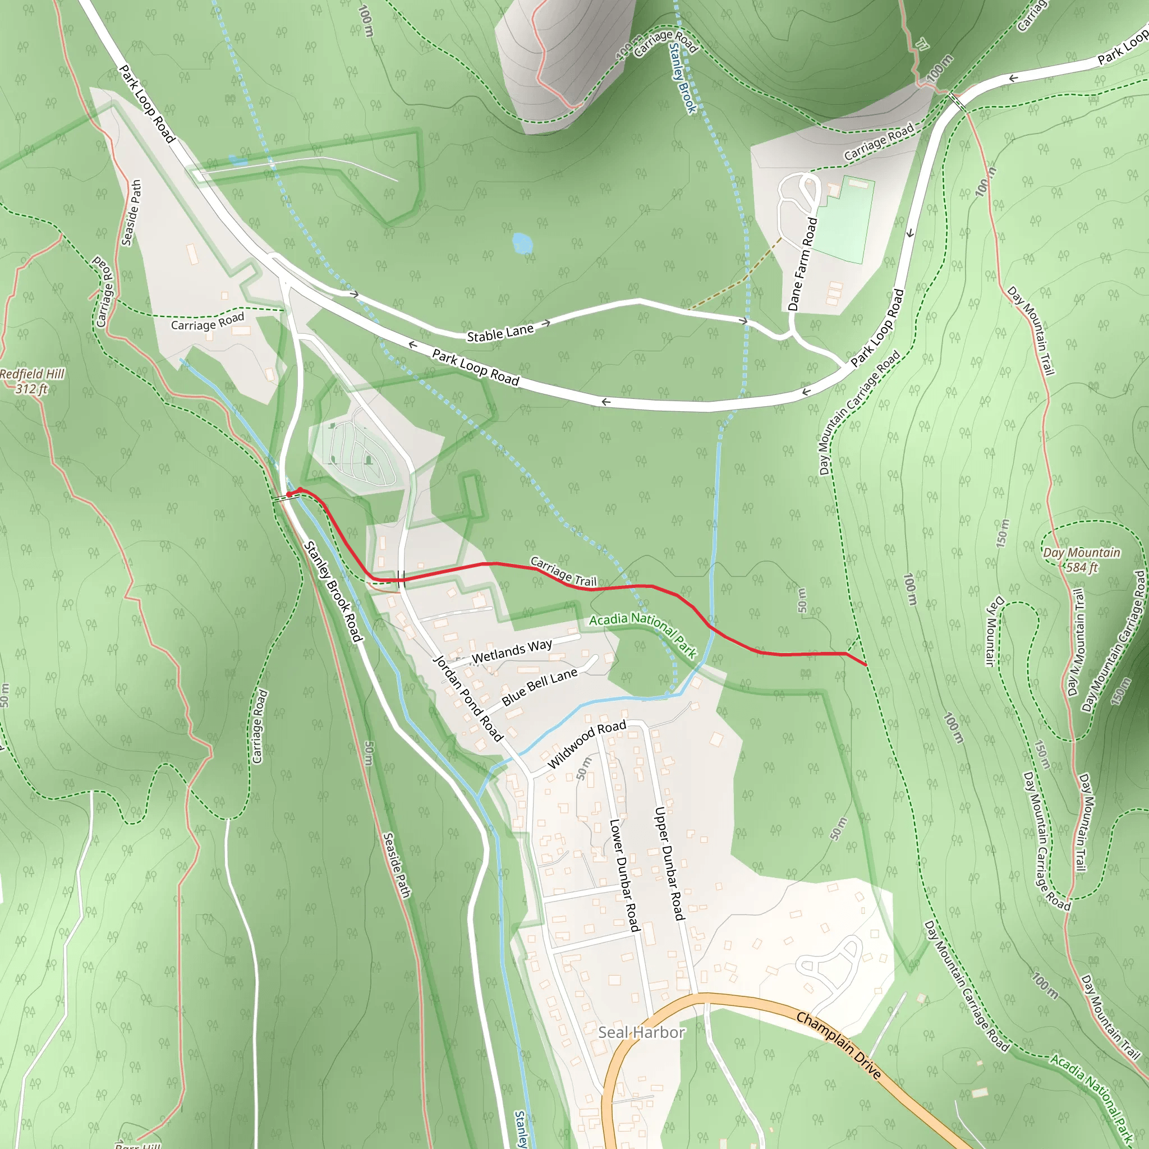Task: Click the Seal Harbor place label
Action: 641,1032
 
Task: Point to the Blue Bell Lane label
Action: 539,686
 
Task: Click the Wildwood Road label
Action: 586,743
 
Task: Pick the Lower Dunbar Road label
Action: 624,875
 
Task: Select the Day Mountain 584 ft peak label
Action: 1081,559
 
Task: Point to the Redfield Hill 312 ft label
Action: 32,380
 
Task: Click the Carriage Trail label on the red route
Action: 563,571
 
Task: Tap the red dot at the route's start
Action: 289,494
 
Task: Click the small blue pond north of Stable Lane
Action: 522,242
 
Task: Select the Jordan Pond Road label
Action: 467,698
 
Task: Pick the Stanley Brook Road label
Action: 333,592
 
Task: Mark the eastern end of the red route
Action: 865,664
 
